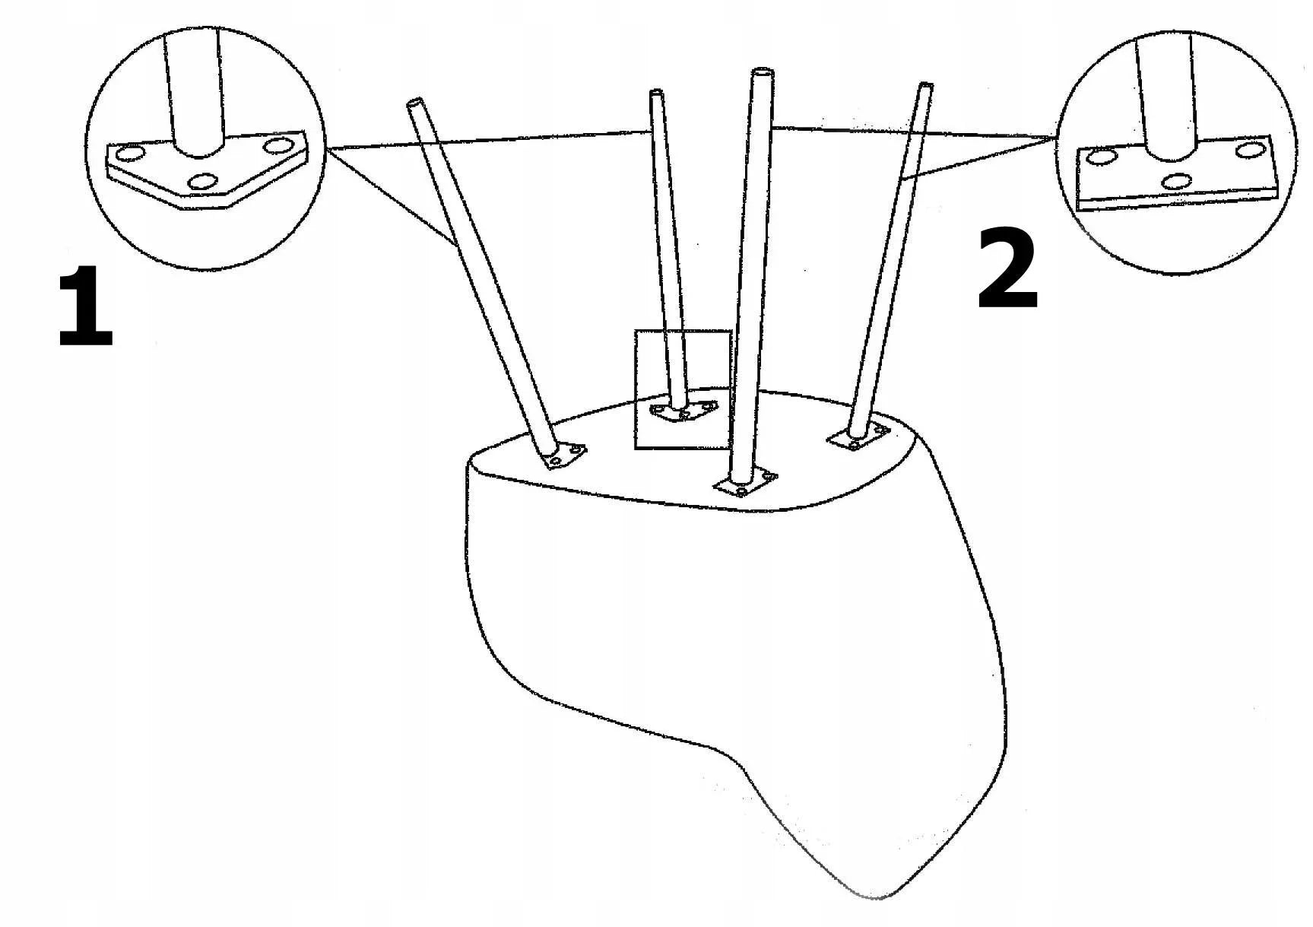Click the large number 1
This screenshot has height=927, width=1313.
pyautogui.click(x=86, y=307)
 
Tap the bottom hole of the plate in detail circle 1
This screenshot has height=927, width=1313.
pyautogui.click(x=204, y=182)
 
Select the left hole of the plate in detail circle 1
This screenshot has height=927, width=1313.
pyautogui.click(x=130, y=154)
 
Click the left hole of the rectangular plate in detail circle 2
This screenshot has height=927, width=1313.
pyautogui.click(x=1101, y=157)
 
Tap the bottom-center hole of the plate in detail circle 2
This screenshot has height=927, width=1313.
pyautogui.click(x=1178, y=181)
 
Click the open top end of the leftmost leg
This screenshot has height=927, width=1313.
pyautogui.click(x=415, y=102)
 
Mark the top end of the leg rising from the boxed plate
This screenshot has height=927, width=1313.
pyautogui.click(x=657, y=94)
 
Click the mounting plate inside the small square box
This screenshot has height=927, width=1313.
pyautogui.click(x=683, y=411)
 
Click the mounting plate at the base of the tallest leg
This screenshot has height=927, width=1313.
pyautogui.click(x=745, y=484)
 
